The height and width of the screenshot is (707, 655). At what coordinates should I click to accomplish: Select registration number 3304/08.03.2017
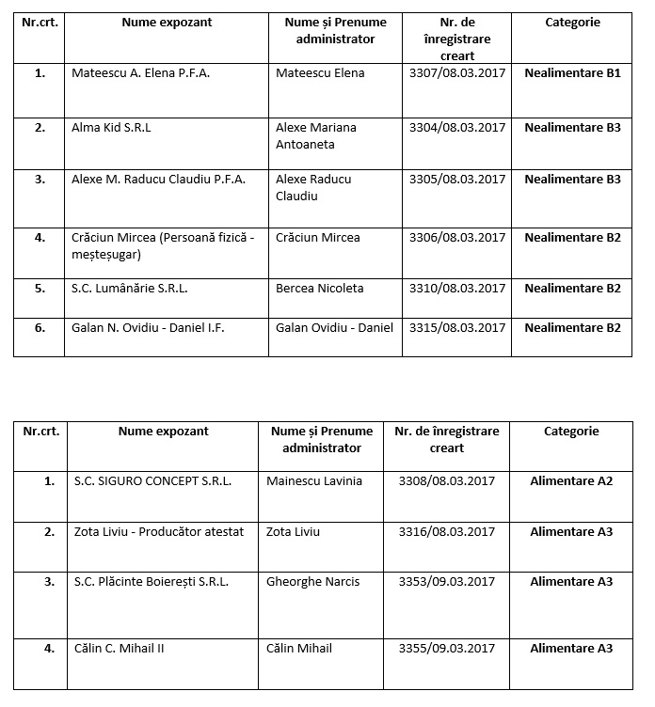pos(457,128)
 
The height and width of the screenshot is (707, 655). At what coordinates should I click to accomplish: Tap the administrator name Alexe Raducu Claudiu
pos(313,188)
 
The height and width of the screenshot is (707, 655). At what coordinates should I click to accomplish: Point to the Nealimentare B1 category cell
pos(572,72)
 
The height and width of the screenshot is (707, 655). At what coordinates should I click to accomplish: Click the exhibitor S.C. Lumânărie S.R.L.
pos(130,289)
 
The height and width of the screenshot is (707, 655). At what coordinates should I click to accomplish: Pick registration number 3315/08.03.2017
pos(457,327)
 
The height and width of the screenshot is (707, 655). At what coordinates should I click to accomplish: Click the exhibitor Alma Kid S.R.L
pos(111,128)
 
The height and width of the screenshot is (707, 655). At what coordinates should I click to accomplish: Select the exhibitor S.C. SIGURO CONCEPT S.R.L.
pos(152,481)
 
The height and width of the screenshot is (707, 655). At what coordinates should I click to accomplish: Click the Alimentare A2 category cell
pos(571,481)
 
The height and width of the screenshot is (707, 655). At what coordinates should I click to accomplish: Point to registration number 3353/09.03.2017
pos(446,582)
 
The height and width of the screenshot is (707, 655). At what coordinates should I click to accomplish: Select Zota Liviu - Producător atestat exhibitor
pos(159,532)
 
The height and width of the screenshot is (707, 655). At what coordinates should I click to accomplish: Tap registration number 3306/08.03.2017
pos(457,238)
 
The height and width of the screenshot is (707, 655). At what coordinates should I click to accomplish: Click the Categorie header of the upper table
pos(572,23)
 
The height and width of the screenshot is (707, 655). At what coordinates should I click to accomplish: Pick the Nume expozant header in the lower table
pos(164,432)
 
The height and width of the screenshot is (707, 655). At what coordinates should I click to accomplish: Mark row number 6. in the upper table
pos(40,327)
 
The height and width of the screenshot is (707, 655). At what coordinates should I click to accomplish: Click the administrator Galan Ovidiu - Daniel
pos(334,327)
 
